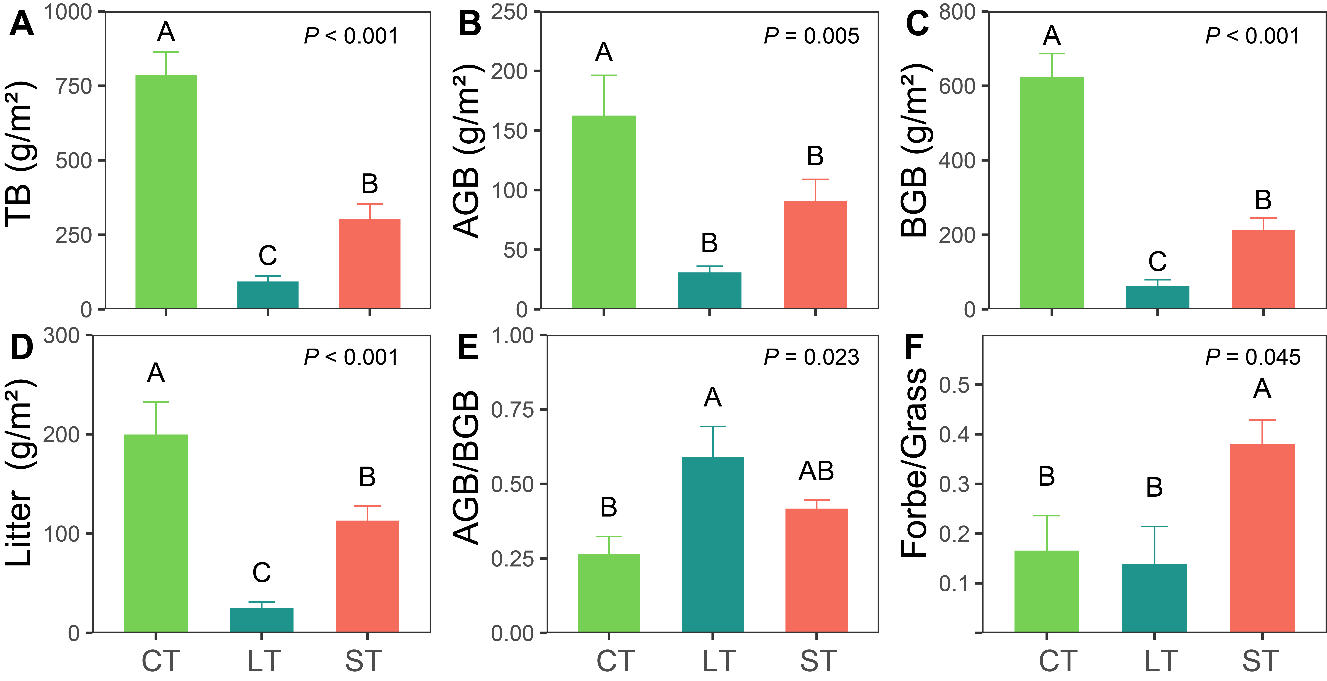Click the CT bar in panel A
pyautogui.click(x=166, y=192)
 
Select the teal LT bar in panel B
pyautogui.click(x=709, y=290)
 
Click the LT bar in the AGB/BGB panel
pyautogui.click(x=712, y=544)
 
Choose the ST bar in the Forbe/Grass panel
pyautogui.click(x=1262, y=538)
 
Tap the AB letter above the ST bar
pyautogui.click(x=816, y=471)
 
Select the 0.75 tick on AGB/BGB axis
pyautogui.click(x=513, y=410)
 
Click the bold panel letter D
pyautogui.click(x=22, y=347)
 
